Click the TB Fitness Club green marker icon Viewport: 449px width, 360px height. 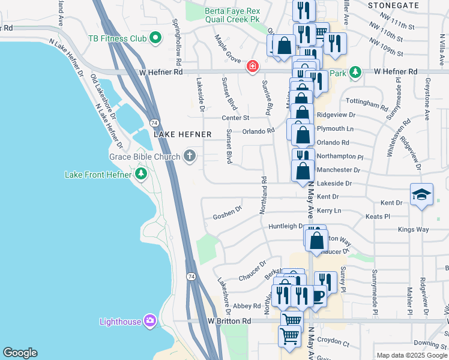(x=155, y=39)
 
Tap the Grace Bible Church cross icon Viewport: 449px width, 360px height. (x=190, y=157)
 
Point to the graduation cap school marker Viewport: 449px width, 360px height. (x=421, y=194)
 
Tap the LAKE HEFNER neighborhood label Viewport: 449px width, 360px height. (x=182, y=135)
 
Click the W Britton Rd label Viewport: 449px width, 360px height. (x=230, y=322)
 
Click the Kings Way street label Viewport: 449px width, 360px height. (x=414, y=230)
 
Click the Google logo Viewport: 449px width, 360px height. (x=20, y=353)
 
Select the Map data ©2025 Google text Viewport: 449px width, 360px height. (x=412, y=355)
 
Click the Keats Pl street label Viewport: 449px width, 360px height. (x=378, y=216)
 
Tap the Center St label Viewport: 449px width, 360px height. (x=235, y=118)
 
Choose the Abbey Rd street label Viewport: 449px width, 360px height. (x=247, y=305)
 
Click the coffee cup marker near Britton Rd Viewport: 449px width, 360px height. (x=318, y=295)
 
